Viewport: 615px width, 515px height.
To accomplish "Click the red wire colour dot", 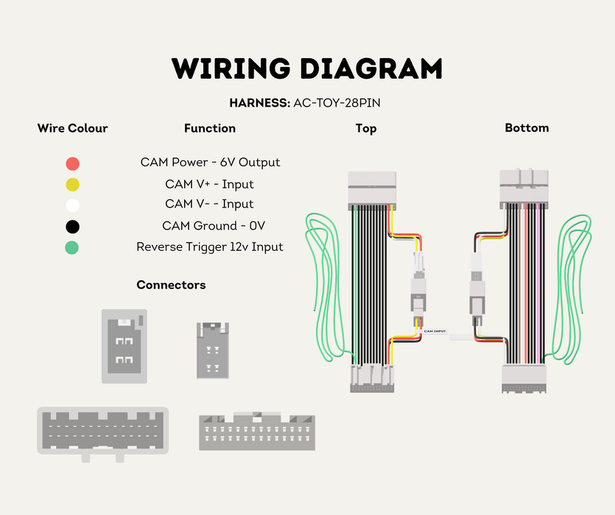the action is (73, 163).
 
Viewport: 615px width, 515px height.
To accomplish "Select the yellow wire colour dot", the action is (73, 185).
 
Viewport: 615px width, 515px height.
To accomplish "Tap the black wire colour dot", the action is (73, 227).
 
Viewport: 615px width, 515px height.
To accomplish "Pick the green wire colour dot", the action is (71, 248).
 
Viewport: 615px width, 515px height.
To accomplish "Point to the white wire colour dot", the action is (73, 205).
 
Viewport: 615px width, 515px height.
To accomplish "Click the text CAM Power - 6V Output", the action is (210, 163).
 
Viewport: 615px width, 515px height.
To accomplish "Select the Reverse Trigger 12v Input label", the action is (210, 247).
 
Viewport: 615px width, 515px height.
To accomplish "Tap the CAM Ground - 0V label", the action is (214, 226).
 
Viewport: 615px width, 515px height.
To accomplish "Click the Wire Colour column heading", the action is (73, 128).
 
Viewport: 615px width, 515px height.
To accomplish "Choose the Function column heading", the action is (210, 128).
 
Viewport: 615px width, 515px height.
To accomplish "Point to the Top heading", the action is (366, 129).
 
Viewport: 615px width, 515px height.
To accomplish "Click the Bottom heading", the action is (527, 128).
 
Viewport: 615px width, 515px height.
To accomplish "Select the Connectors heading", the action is (171, 285).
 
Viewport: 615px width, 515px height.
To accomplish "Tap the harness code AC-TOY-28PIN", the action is (337, 103).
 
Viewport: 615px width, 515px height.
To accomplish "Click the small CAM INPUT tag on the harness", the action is (435, 331).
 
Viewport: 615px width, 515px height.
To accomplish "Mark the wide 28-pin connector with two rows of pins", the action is (257, 430).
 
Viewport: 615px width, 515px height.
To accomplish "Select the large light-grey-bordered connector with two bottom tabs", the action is (103, 433).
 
